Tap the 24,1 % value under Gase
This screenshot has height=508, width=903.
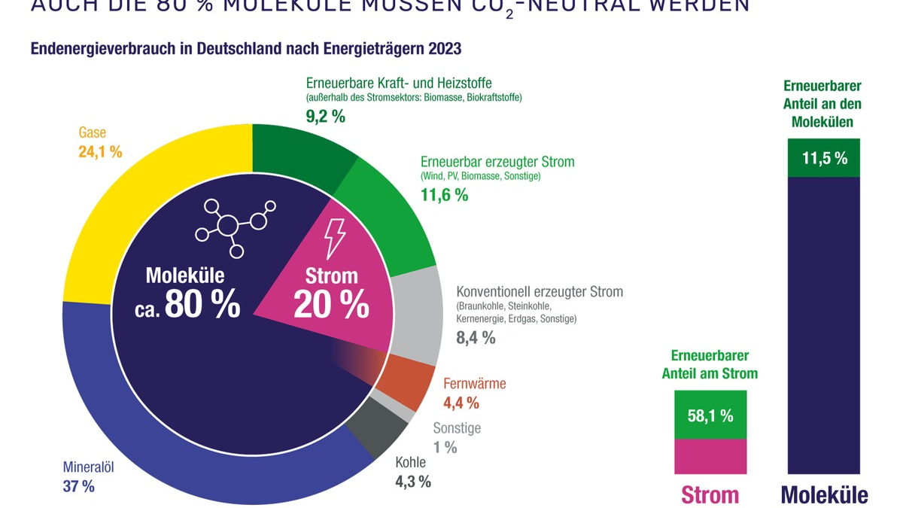tap(100, 151)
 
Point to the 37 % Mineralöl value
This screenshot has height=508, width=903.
tap(79, 486)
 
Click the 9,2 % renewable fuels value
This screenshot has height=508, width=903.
tap(325, 117)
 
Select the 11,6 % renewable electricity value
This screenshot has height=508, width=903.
tap(443, 195)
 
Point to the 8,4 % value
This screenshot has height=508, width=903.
tap(476, 338)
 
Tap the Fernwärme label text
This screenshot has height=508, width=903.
tap(474, 384)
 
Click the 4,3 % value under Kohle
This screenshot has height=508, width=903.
tap(413, 482)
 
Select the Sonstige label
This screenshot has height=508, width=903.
tap(457, 429)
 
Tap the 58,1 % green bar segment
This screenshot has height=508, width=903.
tap(710, 415)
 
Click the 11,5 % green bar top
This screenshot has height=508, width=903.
tap(824, 158)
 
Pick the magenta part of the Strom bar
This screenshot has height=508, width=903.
tap(710, 455)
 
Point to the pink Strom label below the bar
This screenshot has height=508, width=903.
tap(710, 494)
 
